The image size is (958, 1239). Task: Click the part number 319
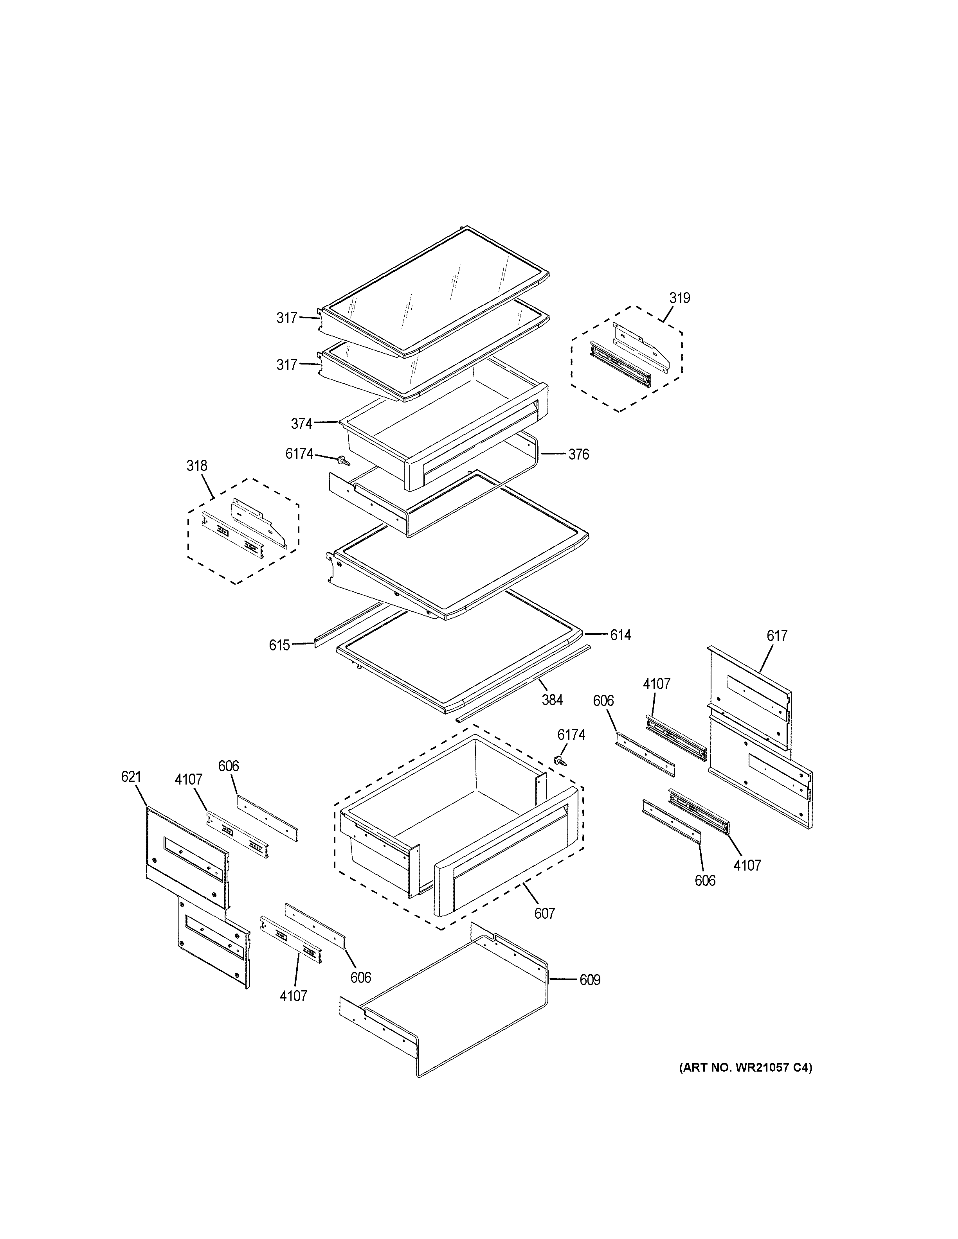pos(679,298)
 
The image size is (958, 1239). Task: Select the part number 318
pos(196,466)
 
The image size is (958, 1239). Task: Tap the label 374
pos(301,424)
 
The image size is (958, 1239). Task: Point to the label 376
pos(578,454)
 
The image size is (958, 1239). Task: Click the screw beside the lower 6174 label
pos(561,761)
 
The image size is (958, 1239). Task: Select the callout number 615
pos(279,645)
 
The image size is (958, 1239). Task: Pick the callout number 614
pos(620,636)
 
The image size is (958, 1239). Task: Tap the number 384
pos(552,700)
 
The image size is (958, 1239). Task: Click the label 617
pos(776,636)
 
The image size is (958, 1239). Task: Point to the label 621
pos(131,777)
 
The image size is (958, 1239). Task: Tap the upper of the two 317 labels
pos(286,318)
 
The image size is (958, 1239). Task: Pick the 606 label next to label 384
pos(603,701)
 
